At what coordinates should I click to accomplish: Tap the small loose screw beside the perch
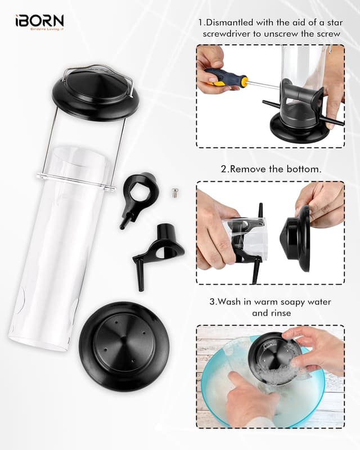pos(175,193)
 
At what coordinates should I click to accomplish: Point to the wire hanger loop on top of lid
pos(98,71)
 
